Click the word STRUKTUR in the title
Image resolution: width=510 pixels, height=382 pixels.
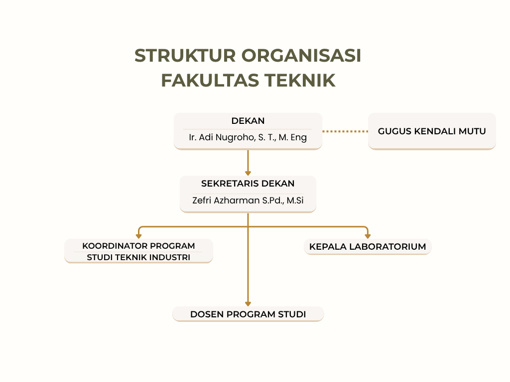point(185,56)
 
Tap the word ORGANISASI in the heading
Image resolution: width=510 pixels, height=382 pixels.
point(301,56)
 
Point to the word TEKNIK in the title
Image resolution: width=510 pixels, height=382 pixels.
point(300,81)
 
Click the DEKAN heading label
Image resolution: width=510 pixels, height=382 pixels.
point(248,121)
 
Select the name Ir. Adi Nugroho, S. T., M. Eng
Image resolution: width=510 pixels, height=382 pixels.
point(248,137)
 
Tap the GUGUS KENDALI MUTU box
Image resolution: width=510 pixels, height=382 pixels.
point(432,131)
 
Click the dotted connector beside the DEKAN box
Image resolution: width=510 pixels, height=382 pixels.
point(345,131)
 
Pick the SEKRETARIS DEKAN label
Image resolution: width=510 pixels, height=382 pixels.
point(248,184)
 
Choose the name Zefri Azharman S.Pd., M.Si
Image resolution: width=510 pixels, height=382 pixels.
point(248,200)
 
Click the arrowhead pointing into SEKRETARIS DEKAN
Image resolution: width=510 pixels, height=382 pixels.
point(248,174)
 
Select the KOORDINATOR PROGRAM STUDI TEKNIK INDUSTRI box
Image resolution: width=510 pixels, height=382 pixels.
point(138,251)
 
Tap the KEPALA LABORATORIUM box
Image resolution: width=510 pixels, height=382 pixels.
point(368,247)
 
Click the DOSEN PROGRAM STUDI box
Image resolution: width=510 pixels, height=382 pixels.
point(248,314)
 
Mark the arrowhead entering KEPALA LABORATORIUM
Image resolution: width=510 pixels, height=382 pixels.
point(368,236)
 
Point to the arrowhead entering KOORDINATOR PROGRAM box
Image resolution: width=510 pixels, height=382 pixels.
point(138,236)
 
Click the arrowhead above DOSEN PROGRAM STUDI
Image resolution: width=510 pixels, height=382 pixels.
point(248,304)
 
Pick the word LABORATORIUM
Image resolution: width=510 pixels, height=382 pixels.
point(387,247)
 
